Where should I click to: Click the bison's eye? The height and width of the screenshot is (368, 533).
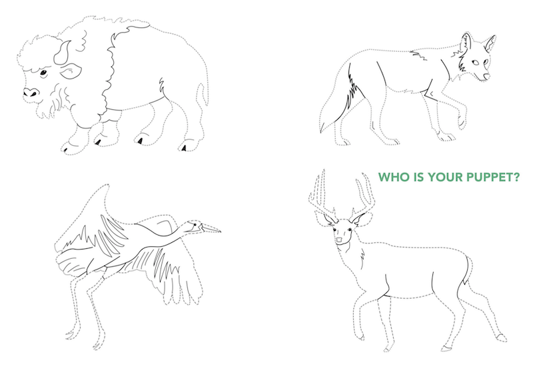click(43, 73)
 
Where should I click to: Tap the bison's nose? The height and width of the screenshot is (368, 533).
click(31, 92)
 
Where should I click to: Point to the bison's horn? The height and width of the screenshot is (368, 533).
click(63, 53)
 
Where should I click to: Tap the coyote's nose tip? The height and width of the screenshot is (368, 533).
click(487, 77)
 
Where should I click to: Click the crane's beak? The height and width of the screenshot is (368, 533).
click(210, 228)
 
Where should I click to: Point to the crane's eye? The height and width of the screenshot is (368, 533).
click(195, 224)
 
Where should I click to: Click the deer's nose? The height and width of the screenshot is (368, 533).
click(340, 240)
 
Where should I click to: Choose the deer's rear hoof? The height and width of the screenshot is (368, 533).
click(502, 338)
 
